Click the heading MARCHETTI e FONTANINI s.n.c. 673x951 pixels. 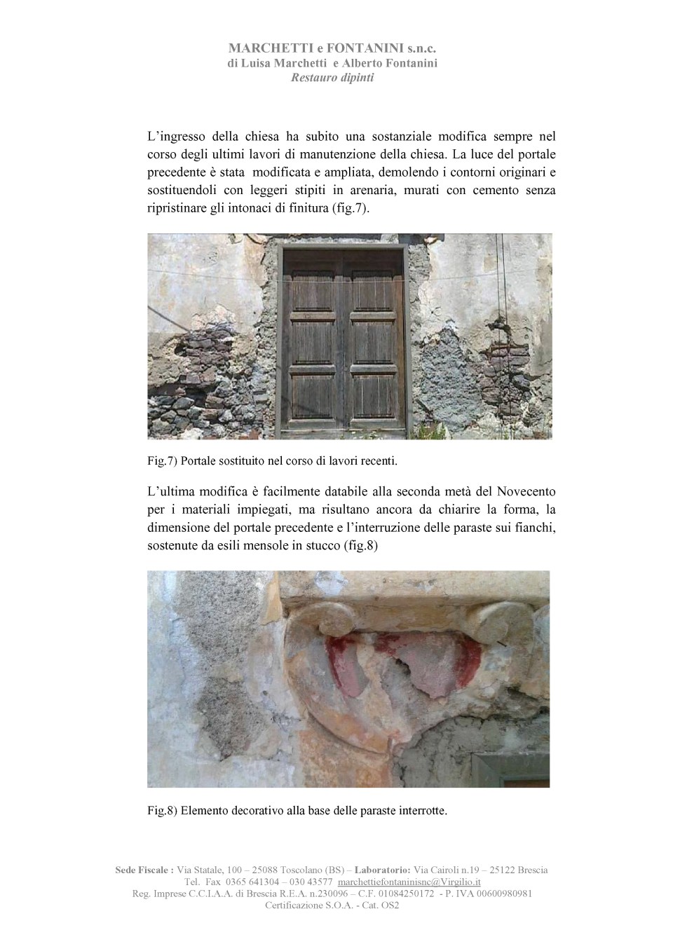(x=332, y=48)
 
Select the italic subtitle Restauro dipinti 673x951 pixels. (x=332, y=78)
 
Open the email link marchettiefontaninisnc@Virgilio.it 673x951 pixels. (x=409, y=882)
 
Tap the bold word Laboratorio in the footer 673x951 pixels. (x=388, y=870)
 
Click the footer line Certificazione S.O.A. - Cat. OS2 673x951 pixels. (x=332, y=905)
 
